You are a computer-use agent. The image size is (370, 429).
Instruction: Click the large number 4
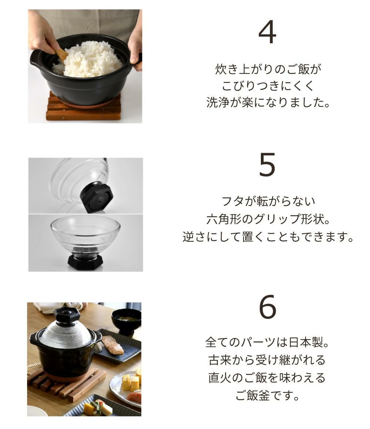267,32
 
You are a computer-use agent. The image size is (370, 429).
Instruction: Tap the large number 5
267,165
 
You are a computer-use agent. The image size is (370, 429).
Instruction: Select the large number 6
268,307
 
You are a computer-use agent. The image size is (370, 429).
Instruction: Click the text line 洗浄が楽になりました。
268,102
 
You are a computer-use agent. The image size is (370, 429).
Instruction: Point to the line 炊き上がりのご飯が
268,69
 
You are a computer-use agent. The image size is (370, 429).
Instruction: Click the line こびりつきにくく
268,86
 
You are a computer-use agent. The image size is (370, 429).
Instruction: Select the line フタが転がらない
269,201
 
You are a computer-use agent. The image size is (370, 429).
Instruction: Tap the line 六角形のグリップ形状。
268,219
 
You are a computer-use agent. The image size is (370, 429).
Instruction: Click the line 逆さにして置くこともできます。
268,237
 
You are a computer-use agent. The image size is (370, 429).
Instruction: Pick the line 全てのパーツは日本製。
267,342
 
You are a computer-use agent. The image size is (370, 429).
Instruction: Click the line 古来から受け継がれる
267,360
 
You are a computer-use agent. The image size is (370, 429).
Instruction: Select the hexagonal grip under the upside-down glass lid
85,262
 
